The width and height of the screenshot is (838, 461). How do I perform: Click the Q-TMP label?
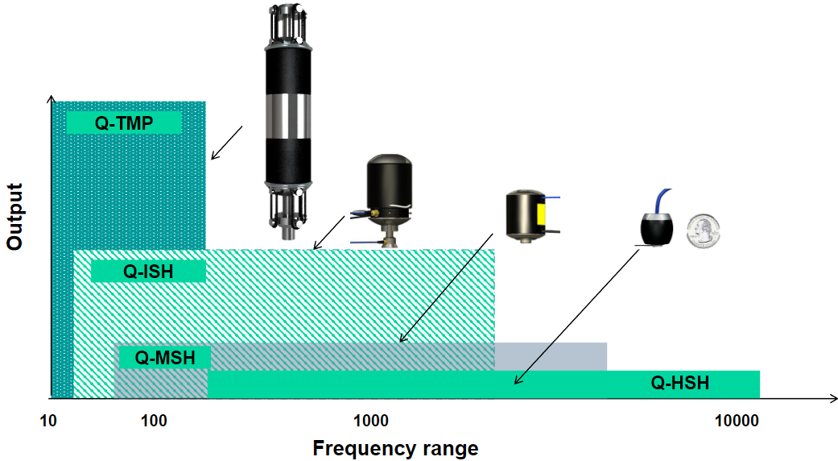point(123,123)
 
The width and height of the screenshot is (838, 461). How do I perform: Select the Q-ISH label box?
point(148,271)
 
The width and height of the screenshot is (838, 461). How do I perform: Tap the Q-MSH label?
point(164,356)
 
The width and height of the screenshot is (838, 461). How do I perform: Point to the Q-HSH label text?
point(679,383)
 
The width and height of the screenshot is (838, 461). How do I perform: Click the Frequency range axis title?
point(395,448)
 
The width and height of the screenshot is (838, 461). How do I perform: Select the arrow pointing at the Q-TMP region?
point(227,141)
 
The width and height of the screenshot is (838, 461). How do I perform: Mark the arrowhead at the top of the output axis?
point(52,99)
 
